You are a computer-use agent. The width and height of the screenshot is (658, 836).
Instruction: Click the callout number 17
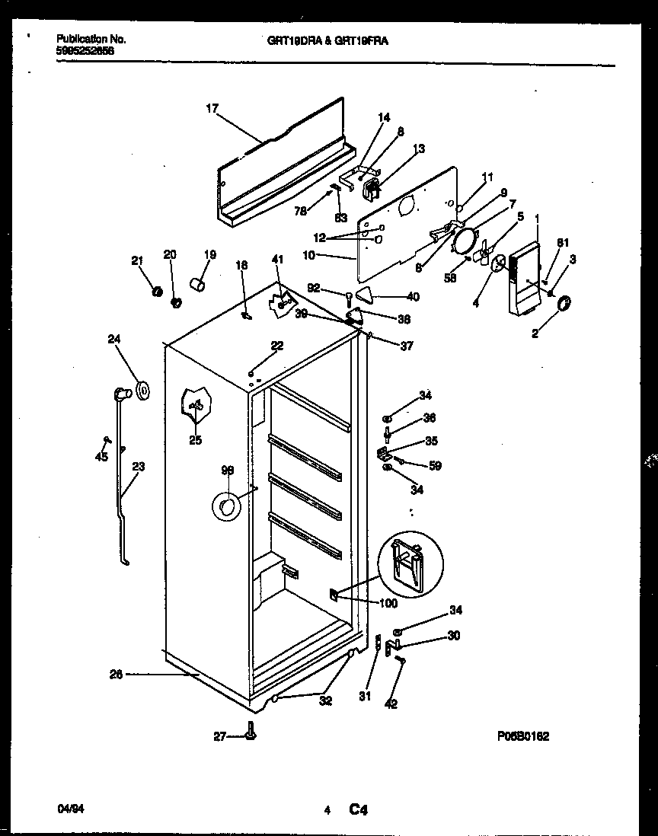(x=211, y=109)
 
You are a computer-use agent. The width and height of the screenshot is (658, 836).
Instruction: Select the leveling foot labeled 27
(x=251, y=734)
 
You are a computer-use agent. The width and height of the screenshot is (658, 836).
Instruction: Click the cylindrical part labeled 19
(x=200, y=285)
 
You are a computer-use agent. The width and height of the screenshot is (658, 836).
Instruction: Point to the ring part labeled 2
(x=564, y=306)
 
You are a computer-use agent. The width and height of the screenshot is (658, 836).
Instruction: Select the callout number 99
(x=227, y=472)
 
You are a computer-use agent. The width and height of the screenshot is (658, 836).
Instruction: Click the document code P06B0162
(x=523, y=736)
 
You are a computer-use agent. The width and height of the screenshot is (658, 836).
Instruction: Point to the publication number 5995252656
(x=85, y=50)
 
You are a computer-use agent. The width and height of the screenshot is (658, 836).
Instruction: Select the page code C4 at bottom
(x=359, y=812)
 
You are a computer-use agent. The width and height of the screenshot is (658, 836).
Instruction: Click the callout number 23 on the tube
(x=139, y=467)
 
